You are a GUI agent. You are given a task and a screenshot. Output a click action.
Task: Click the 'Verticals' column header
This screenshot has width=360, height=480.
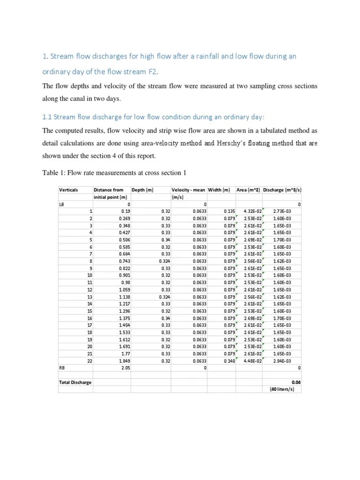tap(68, 190)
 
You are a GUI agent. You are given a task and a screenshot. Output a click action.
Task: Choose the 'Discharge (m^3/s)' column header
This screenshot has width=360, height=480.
tap(282, 190)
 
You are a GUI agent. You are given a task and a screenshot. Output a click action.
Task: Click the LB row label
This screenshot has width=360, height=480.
tap(62, 204)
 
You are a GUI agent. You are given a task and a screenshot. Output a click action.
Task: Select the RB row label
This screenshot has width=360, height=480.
tap(62, 368)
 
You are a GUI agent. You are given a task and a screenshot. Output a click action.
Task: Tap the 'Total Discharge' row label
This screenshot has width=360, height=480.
tap(75, 382)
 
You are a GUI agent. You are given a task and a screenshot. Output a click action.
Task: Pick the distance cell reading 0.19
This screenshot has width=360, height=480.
tap(125, 211)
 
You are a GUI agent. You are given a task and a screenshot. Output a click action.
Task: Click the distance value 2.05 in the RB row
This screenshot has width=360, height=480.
tap(125, 368)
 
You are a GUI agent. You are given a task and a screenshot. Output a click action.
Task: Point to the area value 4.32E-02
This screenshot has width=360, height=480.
tap(252, 211)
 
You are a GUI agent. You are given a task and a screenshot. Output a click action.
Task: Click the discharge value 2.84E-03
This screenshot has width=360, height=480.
tap(282, 361)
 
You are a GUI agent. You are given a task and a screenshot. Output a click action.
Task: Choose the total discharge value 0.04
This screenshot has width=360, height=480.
tap(296, 382)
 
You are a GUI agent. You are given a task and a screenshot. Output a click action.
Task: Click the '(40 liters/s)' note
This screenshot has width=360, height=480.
tap(282, 389)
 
